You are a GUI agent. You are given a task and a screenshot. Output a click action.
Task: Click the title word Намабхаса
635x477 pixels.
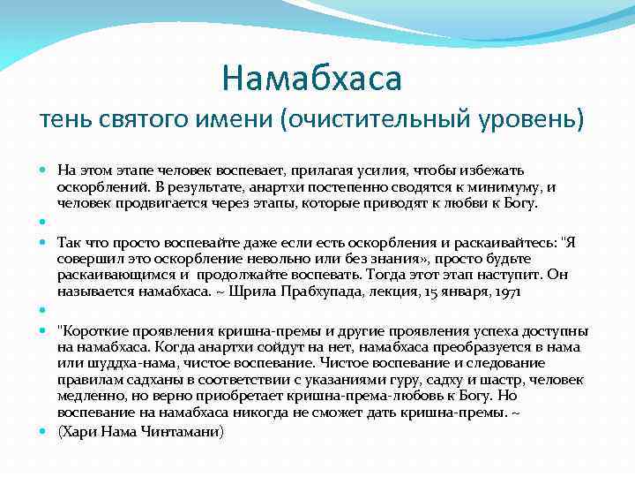pyautogui.click(x=312, y=79)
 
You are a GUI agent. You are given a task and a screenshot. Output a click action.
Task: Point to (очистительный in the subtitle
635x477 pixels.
pyautogui.click(x=377, y=119)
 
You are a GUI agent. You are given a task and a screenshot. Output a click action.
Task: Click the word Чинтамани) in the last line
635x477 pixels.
pyautogui.click(x=184, y=431)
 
